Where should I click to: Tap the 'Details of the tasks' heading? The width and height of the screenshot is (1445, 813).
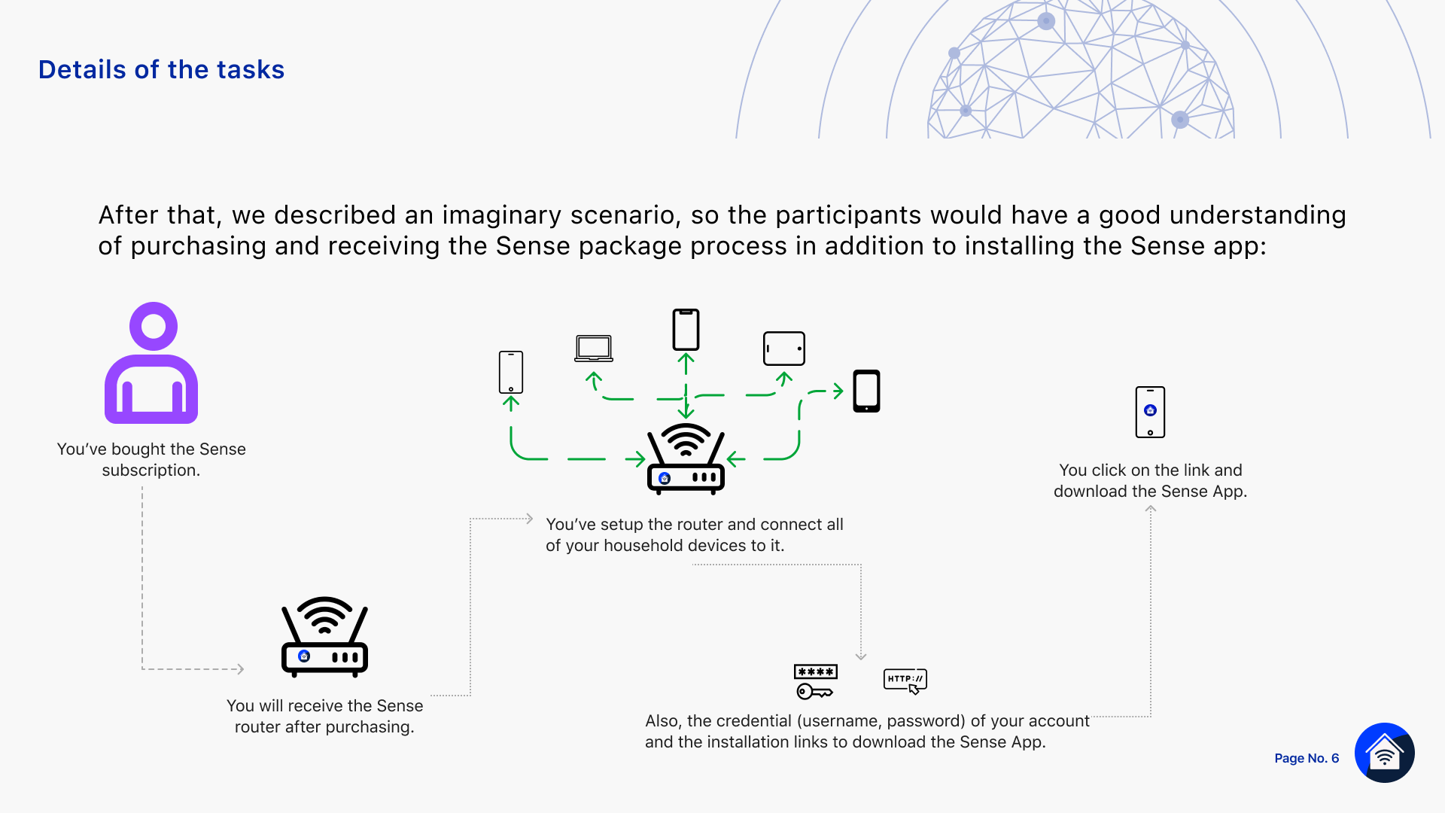tap(161, 69)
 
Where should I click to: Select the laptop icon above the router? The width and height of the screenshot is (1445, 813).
tap(594, 349)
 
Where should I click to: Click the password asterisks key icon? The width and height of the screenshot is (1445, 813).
tap(816, 681)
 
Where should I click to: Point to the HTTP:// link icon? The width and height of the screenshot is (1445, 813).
tap(905, 681)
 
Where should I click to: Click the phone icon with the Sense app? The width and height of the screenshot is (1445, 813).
tap(1150, 412)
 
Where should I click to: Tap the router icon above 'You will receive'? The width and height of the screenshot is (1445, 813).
tap(324, 637)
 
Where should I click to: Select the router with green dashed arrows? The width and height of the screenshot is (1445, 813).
tap(686, 458)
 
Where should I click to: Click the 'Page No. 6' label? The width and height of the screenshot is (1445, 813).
tap(1307, 758)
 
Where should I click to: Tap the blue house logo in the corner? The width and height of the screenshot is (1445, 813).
tap(1385, 753)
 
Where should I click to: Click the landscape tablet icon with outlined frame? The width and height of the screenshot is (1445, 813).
tap(784, 349)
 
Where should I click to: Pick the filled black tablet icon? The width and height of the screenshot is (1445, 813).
tap(866, 391)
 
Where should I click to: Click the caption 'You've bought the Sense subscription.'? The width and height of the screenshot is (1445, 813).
tap(151, 459)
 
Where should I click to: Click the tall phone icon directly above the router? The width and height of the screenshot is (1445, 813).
tap(686, 330)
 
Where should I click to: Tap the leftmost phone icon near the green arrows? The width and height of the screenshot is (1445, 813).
tap(511, 372)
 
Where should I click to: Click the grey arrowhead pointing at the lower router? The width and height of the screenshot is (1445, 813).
tap(240, 668)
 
